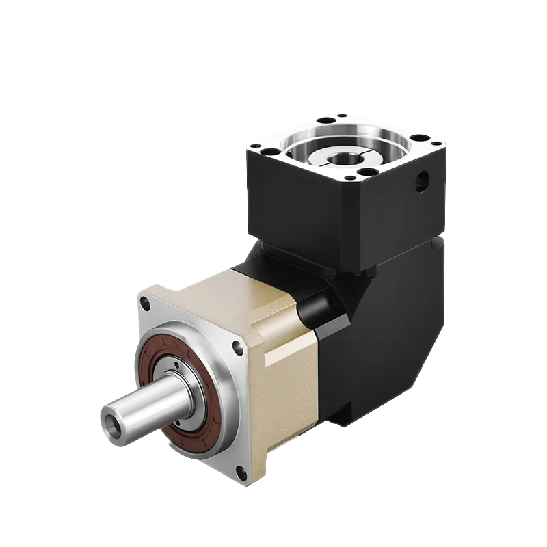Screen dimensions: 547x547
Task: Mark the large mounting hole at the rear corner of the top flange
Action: coord(327,120)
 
